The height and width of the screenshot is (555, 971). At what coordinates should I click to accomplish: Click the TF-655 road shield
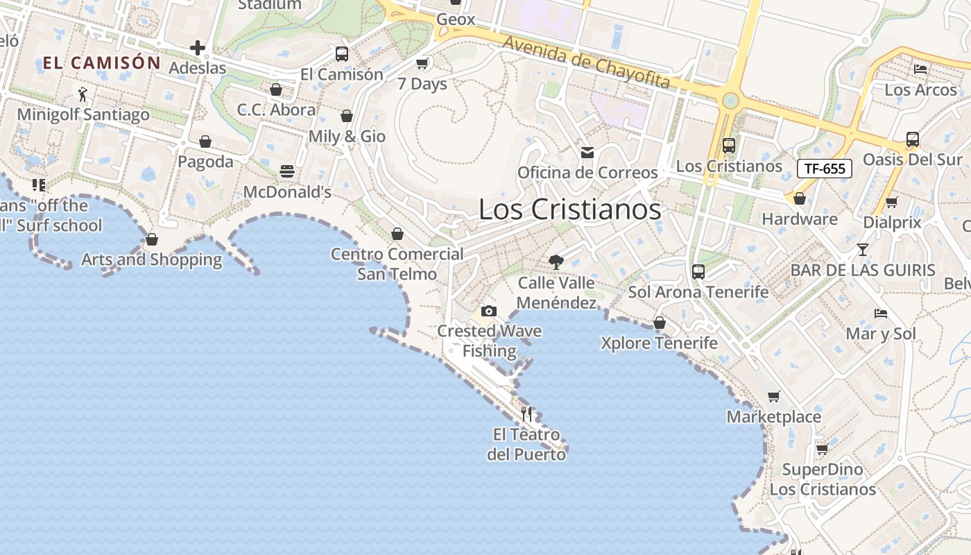click(824, 169)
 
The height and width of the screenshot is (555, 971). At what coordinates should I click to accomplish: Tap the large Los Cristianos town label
click(569, 210)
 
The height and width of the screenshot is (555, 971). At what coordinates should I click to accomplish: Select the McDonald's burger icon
click(287, 171)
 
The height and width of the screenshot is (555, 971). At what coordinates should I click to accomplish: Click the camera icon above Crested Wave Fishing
click(489, 311)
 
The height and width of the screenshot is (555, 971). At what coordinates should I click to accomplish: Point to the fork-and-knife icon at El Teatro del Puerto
click(527, 414)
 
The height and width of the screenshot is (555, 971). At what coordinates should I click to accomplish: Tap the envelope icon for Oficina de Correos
click(587, 153)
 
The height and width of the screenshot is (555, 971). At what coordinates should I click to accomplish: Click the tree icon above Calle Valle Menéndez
click(556, 262)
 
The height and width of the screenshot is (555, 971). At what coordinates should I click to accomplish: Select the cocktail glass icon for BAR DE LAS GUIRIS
click(862, 250)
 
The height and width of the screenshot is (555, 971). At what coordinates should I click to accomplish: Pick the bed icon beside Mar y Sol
click(881, 314)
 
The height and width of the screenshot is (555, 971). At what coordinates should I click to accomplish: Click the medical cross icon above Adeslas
click(198, 48)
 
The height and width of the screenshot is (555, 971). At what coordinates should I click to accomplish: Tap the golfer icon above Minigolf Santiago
click(83, 94)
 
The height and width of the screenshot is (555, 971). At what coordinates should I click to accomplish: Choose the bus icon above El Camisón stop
click(341, 54)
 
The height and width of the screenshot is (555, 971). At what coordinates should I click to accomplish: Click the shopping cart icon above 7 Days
click(422, 64)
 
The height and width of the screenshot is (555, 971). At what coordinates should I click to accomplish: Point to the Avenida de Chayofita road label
click(586, 62)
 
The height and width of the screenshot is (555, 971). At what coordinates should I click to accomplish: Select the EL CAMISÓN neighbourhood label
click(101, 63)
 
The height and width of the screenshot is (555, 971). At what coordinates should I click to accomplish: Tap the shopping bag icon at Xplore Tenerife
click(659, 323)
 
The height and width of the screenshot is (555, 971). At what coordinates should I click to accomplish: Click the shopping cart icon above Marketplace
click(773, 397)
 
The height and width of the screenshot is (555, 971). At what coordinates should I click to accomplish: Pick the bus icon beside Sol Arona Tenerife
click(698, 272)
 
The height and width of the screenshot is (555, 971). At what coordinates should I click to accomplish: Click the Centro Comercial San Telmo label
click(397, 264)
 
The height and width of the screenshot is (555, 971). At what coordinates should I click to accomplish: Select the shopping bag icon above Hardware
click(799, 199)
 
